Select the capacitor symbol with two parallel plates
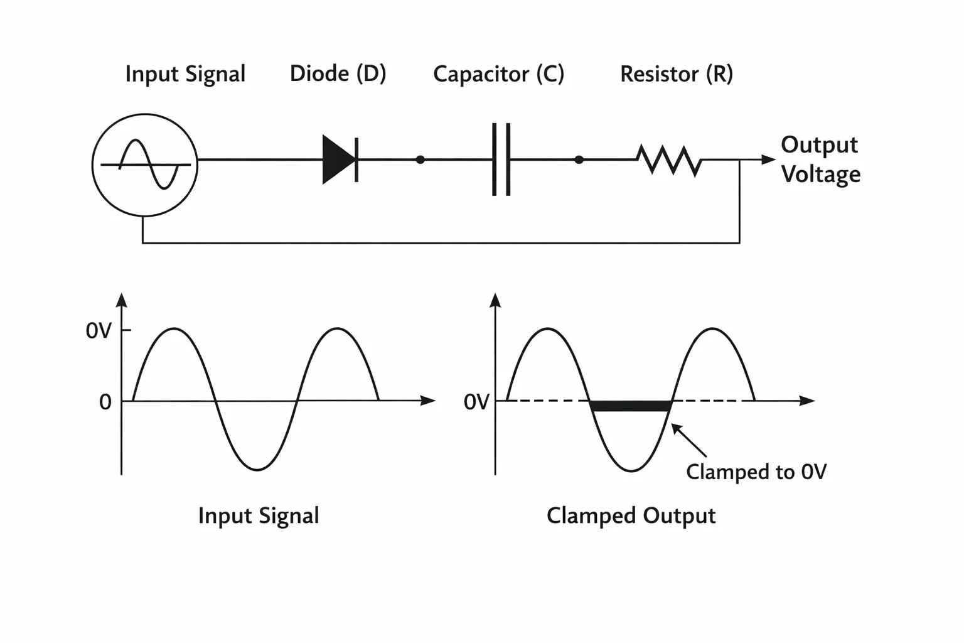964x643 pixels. (501, 159)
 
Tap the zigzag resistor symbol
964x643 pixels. (669, 160)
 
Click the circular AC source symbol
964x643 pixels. (144, 165)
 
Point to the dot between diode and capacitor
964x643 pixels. (420, 159)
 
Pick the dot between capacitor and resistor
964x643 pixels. (579, 159)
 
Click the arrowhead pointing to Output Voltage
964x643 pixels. (769, 159)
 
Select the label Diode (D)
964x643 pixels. (338, 73)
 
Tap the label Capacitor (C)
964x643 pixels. (498, 74)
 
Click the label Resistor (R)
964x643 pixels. (677, 74)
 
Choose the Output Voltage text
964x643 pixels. (820, 159)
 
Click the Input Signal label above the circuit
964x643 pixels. (186, 74)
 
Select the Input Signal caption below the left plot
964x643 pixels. (259, 516)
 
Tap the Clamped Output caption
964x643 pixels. (631, 516)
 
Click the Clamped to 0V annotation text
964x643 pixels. (756, 472)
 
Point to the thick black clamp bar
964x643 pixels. (631, 406)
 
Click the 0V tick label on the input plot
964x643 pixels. (99, 331)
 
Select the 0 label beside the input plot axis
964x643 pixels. (105, 403)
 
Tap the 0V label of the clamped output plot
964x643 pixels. (476, 403)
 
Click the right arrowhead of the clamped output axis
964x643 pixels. (807, 401)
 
